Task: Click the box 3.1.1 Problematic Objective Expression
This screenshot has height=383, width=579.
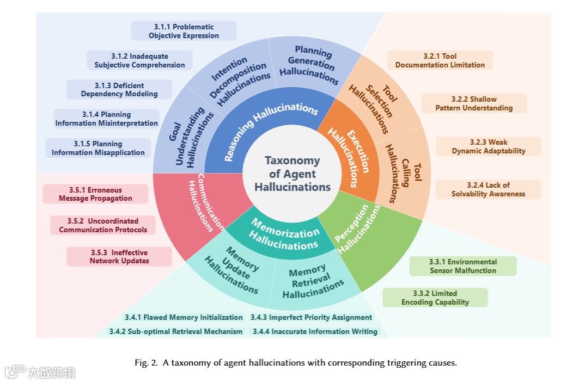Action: tap(184, 31)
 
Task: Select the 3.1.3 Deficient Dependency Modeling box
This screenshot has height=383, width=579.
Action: tap(119, 90)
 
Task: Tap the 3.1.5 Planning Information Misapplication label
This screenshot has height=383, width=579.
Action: tap(98, 148)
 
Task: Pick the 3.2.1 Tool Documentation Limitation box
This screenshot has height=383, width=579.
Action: tap(440, 60)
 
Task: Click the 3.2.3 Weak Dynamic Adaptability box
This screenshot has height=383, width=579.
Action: tap(489, 146)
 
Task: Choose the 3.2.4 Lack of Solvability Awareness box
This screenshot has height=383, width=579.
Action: tap(489, 189)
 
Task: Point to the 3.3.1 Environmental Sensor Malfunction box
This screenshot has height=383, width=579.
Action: tap(463, 266)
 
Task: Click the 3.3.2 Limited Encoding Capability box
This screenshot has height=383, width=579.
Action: tap(435, 298)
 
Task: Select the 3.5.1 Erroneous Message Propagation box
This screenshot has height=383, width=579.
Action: tap(95, 194)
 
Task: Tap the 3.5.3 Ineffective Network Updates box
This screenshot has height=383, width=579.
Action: tap(119, 257)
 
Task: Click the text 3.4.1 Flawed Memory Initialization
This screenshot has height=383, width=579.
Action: tap(183, 317)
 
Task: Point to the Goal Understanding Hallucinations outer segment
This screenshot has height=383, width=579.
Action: tap(185, 141)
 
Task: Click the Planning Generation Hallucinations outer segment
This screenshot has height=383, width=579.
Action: tap(313, 64)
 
